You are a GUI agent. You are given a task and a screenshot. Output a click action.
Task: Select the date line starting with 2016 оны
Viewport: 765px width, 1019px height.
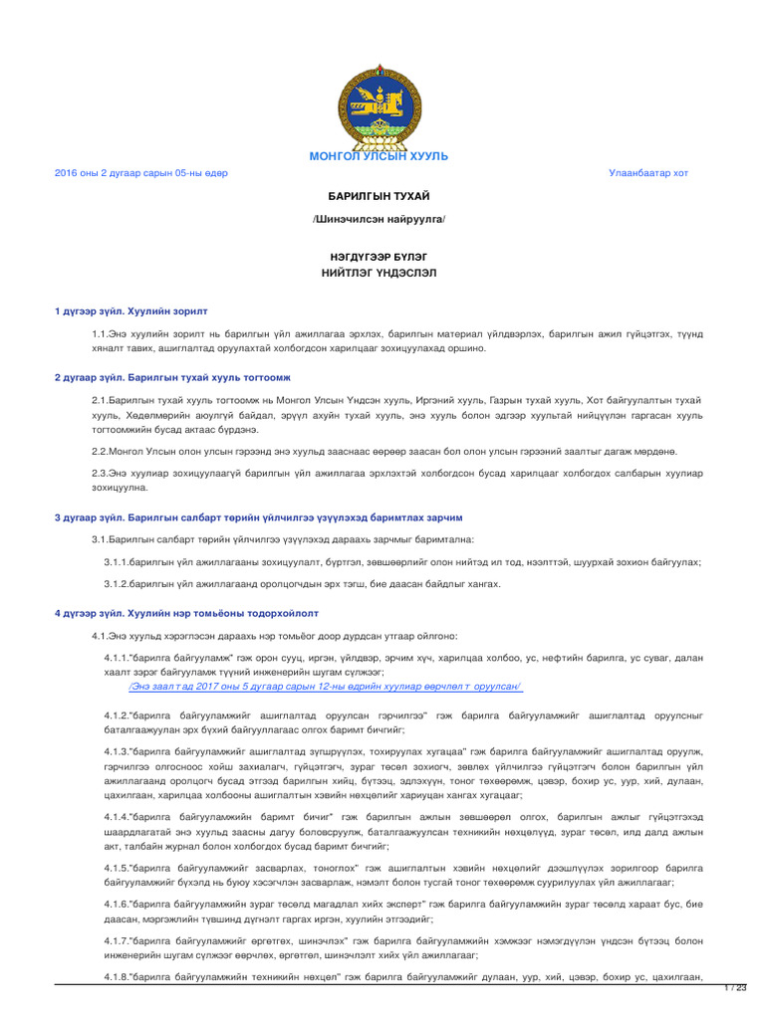(140, 173)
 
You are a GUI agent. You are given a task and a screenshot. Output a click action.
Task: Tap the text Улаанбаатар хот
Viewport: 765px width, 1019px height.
(648, 173)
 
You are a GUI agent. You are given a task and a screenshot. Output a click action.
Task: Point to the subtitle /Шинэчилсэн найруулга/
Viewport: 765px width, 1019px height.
(379, 218)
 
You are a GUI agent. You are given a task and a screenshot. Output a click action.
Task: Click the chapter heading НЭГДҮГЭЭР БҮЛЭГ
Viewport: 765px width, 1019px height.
(379, 256)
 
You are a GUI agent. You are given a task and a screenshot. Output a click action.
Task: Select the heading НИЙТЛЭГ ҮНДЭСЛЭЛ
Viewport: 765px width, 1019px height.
(379, 272)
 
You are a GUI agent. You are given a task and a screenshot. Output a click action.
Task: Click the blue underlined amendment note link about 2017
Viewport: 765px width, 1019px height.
(325, 687)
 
